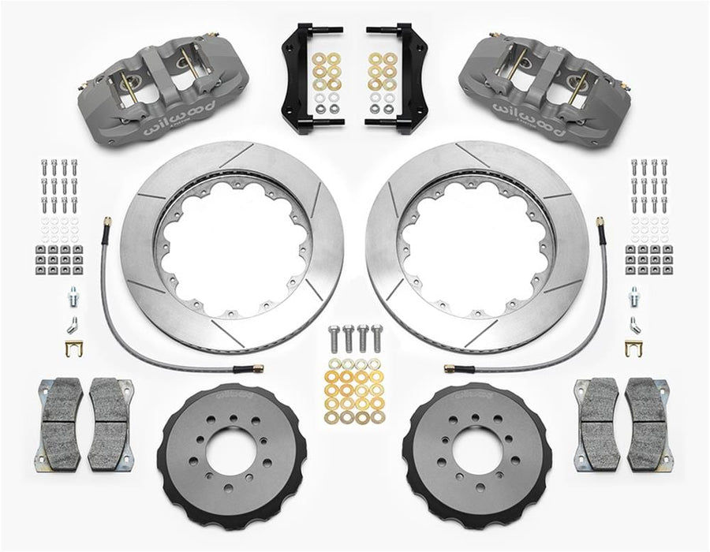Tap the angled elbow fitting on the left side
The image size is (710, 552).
click(x=73, y=323)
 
